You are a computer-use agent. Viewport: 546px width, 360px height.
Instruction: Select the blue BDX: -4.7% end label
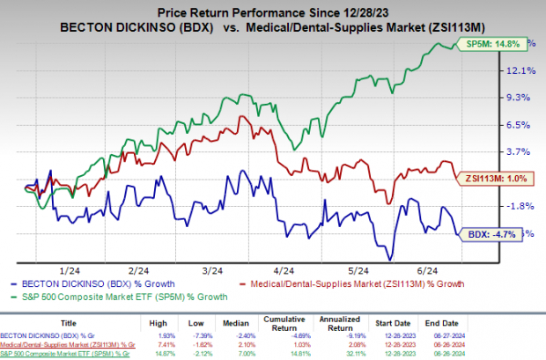point(493,233)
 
